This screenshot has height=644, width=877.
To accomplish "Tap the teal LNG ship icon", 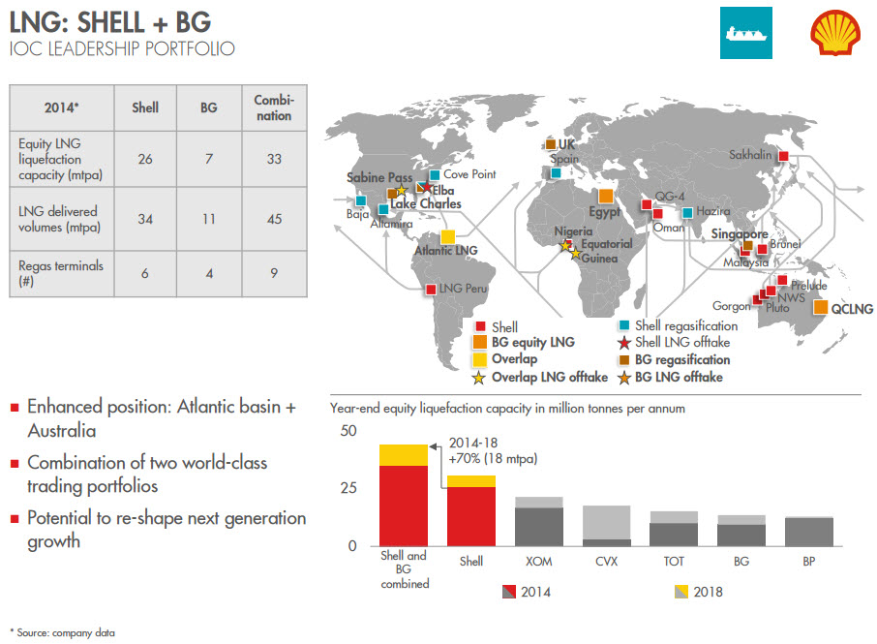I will [745, 34].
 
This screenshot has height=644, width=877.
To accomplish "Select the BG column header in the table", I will [208, 108].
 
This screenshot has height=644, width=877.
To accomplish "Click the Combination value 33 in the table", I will [274, 158].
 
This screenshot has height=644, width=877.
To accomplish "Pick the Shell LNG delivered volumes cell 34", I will [145, 219].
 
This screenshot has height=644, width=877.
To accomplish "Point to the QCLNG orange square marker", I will [820, 308].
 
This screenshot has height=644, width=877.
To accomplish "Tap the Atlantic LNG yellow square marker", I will [448, 236].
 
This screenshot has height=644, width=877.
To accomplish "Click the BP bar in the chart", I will [809, 532].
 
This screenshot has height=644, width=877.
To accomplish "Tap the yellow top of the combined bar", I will [403, 455].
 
